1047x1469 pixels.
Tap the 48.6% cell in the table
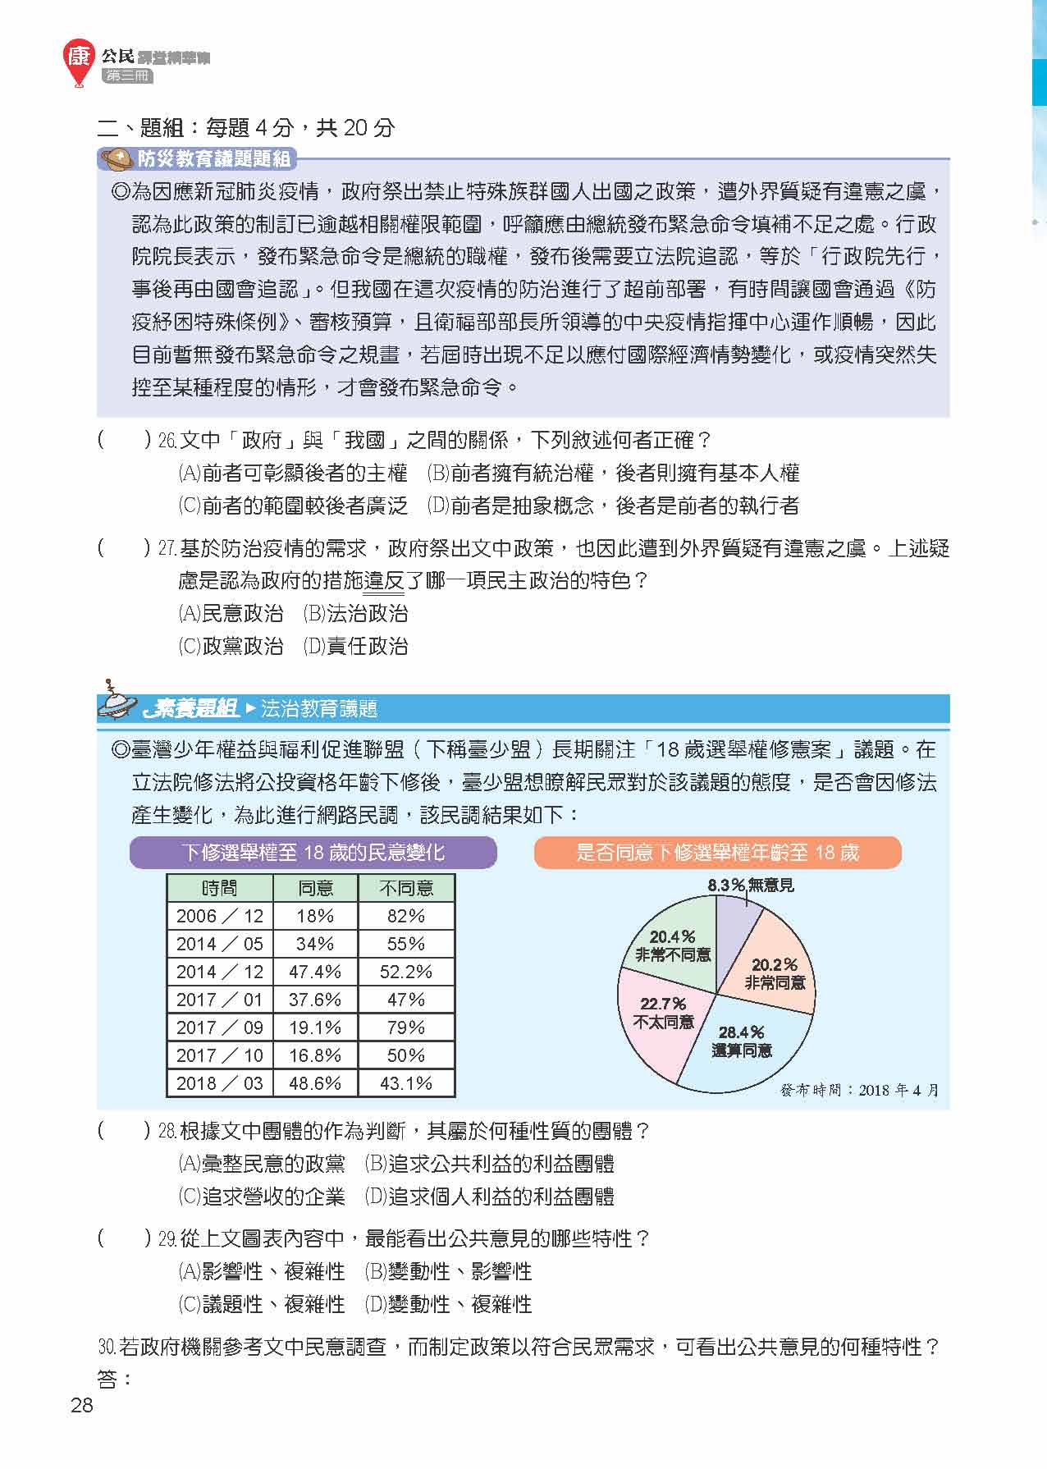315,1083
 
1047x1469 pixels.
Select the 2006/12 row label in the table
219,916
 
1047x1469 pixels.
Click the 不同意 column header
405,888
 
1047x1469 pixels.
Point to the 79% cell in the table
405,1027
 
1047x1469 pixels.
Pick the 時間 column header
219,888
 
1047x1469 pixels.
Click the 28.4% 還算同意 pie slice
743,1046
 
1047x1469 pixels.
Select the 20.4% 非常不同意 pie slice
672,944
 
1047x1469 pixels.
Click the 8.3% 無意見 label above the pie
750,885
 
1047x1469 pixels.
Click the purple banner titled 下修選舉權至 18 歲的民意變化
313,853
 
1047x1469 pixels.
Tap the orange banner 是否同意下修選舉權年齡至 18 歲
717,853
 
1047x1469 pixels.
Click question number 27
167,549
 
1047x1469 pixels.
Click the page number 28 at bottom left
82,1405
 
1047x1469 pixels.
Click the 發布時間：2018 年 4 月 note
859,1090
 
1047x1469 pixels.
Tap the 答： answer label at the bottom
114,1380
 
